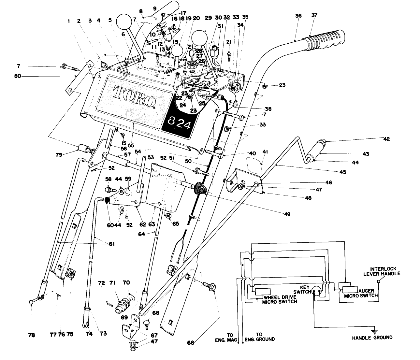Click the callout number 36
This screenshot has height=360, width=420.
tap(298, 16)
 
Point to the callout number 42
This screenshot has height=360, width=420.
tap(386, 139)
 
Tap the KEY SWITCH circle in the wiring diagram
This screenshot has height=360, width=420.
tap(318, 291)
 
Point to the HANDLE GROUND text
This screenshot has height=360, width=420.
tap(372, 338)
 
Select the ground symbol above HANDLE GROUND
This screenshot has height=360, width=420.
tap(375, 331)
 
